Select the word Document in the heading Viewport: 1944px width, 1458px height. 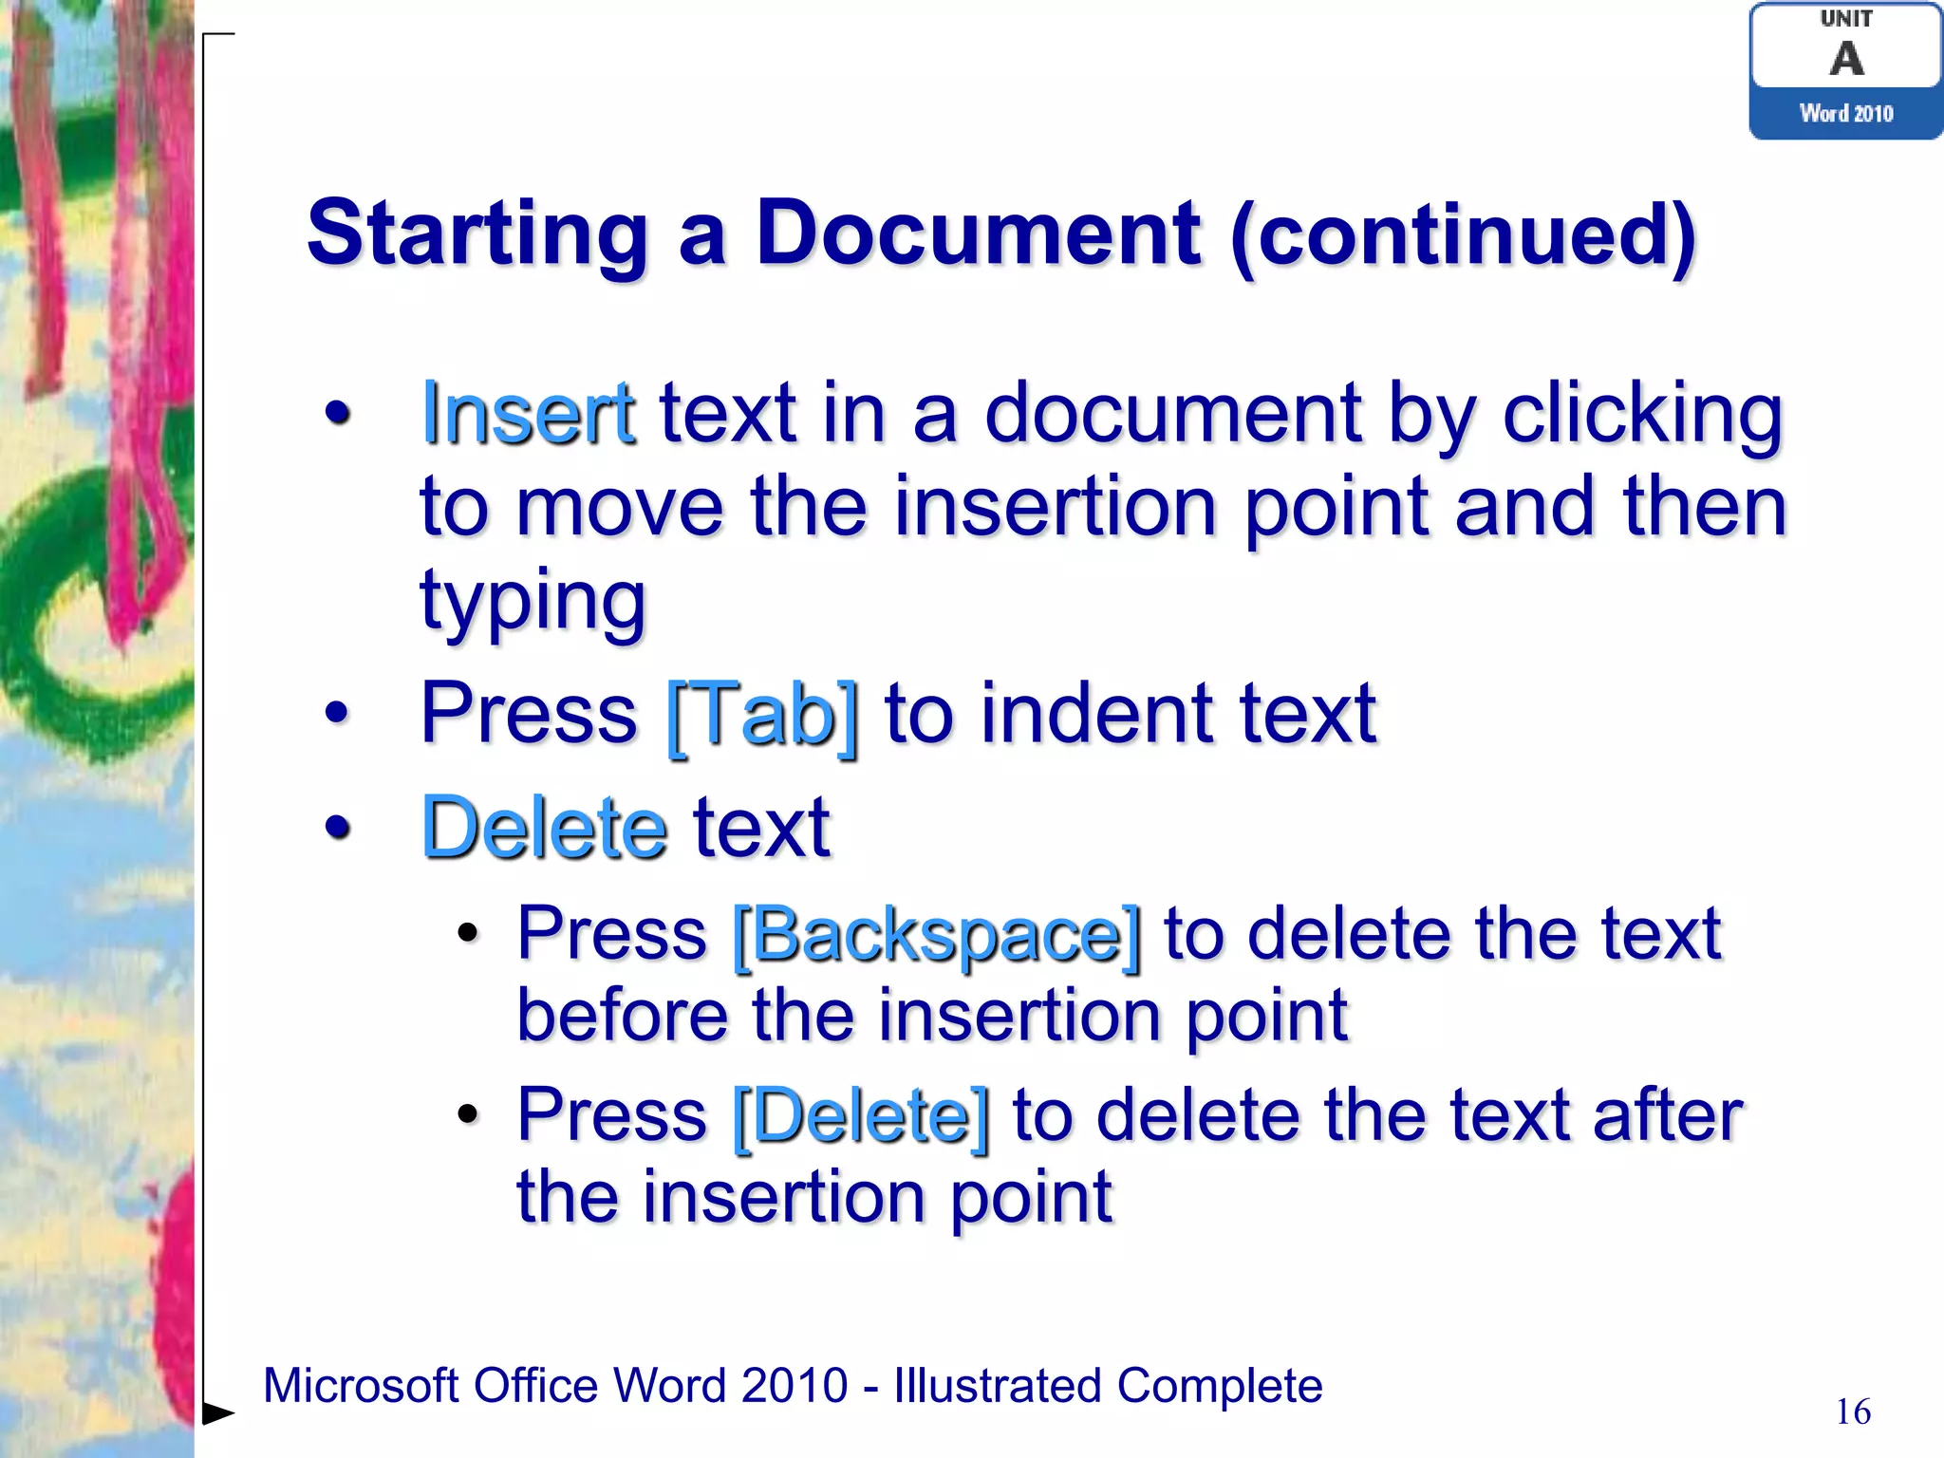click(x=978, y=234)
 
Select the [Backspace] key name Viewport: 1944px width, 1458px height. click(x=937, y=936)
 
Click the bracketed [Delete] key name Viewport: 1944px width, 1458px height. click(x=861, y=1116)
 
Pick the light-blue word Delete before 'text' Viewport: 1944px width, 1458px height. click(x=544, y=828)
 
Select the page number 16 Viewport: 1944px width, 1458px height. click(x=1853, y=1411)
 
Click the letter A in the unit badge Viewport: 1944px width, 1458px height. click(x=1846, y=59)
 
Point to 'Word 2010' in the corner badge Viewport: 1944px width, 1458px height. click(x=1846, y=114)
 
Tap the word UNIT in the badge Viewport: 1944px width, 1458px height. click(x=1846, y=18)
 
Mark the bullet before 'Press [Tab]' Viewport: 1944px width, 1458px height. click(x=337, y=712)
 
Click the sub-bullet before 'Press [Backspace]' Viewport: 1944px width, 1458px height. click(x=467, y=934)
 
